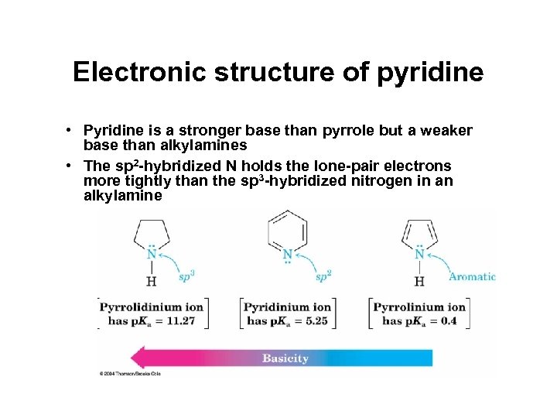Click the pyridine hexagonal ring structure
287,230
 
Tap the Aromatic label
473,276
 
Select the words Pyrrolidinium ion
152,307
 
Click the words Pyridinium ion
289,307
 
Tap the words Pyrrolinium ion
420,307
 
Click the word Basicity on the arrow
285,358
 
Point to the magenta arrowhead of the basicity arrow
140,358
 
